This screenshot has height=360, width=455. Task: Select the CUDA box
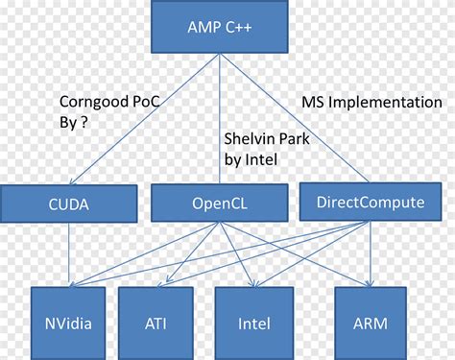68,204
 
